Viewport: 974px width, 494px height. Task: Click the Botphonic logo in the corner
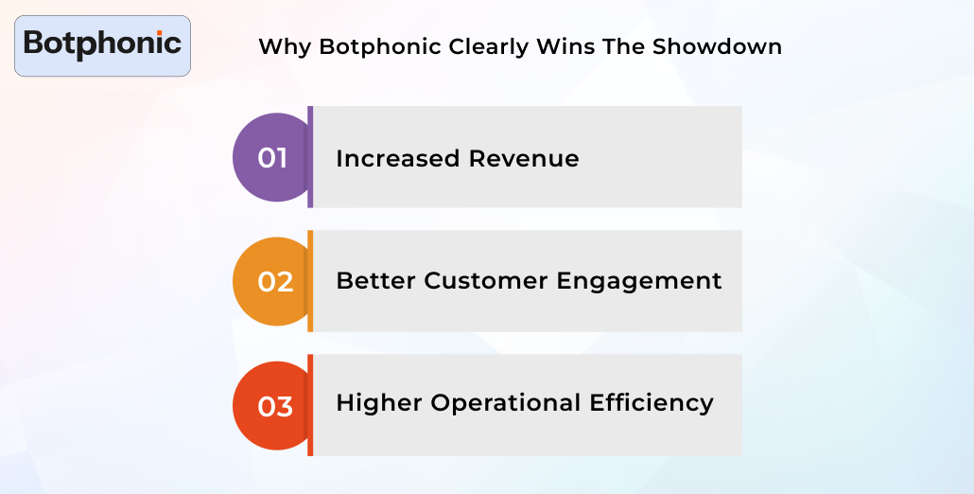102,44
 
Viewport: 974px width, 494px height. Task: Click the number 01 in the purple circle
272,158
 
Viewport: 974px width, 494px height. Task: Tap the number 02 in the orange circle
275,282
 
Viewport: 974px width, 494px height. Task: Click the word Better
375,281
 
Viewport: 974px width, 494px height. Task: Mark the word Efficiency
652,403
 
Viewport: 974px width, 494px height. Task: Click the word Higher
379,403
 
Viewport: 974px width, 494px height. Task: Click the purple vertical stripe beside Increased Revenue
310,157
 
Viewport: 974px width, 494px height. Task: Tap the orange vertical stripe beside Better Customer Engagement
310,281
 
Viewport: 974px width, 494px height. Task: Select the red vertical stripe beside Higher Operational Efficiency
310,405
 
